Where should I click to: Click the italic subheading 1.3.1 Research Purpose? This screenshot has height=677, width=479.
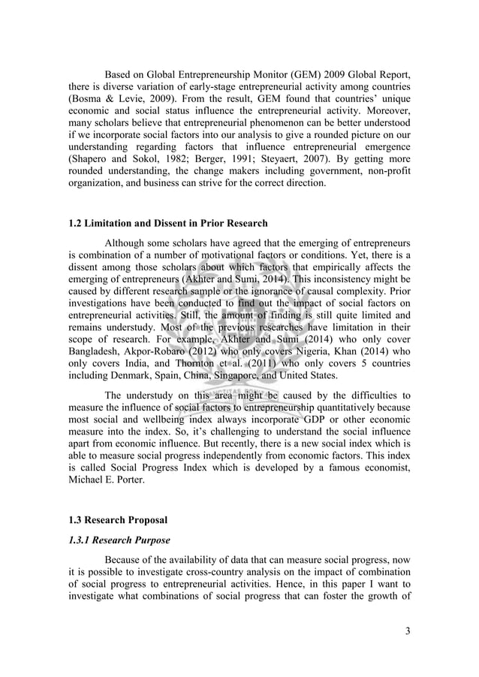coord(119,540)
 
